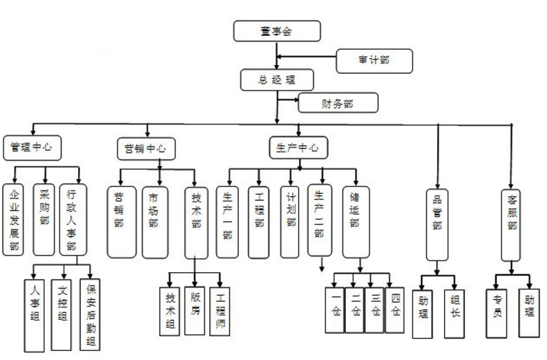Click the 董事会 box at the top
click(x=277, y=31)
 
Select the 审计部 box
click(x=374, y=61)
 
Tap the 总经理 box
click(x=277, y=79)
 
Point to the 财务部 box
click(x=338, y=104)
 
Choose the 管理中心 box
click(x=32, y=147)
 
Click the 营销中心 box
click(x=145, y=149)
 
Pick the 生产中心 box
click(x=298, y=148)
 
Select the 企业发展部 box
click(x=15, y=219)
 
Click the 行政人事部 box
click(x=72, y=219)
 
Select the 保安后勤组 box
click(x=90, y=314)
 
